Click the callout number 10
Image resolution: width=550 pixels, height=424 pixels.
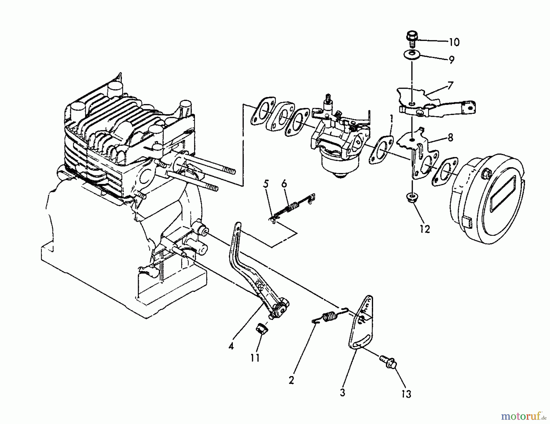454,42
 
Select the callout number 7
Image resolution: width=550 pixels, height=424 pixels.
451,85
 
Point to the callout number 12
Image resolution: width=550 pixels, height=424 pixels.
425,229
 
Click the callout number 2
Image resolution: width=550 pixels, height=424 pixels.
291,380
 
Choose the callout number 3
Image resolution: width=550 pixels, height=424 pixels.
342,392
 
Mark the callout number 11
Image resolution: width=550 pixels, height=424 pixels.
255,358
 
